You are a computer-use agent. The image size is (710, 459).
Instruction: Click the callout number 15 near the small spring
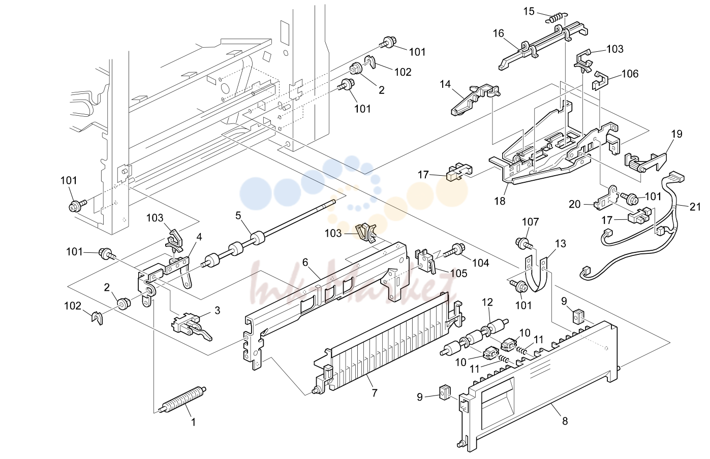[529, 11]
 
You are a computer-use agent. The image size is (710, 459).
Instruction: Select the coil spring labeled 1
[183, 400]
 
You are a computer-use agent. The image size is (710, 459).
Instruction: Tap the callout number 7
[375, 393]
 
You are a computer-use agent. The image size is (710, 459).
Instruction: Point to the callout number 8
[565, 421]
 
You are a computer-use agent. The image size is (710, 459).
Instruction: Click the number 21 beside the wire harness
[695, 207]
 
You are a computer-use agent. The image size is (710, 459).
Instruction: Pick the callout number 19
[677, 134]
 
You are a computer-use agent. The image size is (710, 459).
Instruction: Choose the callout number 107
[530, 222]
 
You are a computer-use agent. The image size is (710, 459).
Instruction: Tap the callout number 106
[630, 74]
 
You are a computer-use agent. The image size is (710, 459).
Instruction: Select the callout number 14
[445, 84]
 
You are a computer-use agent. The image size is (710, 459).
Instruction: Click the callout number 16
[498, 33]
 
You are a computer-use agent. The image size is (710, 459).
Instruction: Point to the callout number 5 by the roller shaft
[238, 216]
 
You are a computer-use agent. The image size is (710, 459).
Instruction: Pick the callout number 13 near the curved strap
[561, 244]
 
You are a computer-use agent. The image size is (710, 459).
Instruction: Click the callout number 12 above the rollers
[487, 302]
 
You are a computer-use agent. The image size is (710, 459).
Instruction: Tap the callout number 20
[574, 204]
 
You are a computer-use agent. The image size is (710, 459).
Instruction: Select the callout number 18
[500, 201]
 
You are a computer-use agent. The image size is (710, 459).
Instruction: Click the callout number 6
[305, 262]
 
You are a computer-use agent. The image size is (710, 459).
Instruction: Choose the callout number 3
[217, 310]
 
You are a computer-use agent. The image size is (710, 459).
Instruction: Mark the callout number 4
[199, 237]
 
